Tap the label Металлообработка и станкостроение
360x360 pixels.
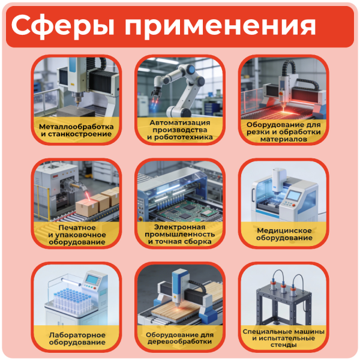(76, 131)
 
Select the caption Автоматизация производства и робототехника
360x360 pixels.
(180, 129)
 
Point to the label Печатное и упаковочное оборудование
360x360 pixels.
(76, 235)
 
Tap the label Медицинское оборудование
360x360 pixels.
(284, 234)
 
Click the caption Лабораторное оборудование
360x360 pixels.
(76, 338)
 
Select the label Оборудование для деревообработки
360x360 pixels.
(180, 338)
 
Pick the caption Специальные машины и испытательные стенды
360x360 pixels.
(284, 338)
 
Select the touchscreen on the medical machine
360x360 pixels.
(292, 196)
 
